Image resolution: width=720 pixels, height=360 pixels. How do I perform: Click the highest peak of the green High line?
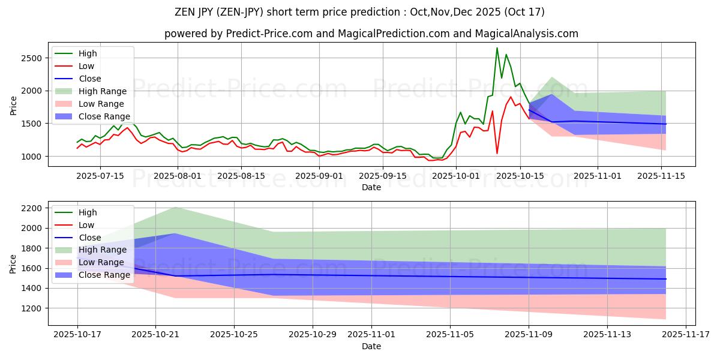click(x=497, y=48)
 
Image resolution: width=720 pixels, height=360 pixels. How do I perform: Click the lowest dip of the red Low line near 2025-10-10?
click(x=497, y=154)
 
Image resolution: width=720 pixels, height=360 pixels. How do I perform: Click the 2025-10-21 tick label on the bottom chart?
click(x=155, y=334)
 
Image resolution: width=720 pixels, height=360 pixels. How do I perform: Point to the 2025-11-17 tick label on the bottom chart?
click(x=686, y=334)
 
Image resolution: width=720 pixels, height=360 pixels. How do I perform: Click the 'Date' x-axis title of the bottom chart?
click(x=371, y=346)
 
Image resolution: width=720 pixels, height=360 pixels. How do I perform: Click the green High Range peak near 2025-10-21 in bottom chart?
click(x=175, y=207)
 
